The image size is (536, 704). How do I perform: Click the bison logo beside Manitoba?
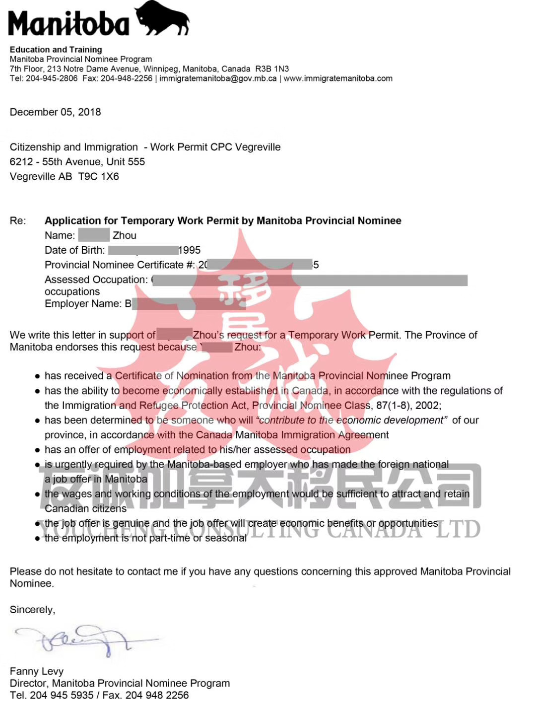(162, 19)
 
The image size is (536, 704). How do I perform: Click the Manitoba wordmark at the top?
(68, 24)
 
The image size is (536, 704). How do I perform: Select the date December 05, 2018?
(55, 112)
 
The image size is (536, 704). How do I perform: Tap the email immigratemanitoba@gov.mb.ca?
(218, 78)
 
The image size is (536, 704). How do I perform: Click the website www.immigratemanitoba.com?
(338, 78)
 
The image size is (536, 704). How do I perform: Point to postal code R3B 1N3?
(272, 69)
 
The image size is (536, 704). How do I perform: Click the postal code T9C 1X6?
(99, 177)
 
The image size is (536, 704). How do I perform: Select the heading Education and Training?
(56, 50)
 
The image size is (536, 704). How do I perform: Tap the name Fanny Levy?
(37, 671)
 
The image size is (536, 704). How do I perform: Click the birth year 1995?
(190, 250)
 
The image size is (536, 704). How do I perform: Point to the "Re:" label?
(18, 221)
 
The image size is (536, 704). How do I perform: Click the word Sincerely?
(32, 610)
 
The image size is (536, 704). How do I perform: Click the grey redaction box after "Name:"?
(94, 235)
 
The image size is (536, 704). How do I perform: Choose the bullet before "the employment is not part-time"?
(37, 539)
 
